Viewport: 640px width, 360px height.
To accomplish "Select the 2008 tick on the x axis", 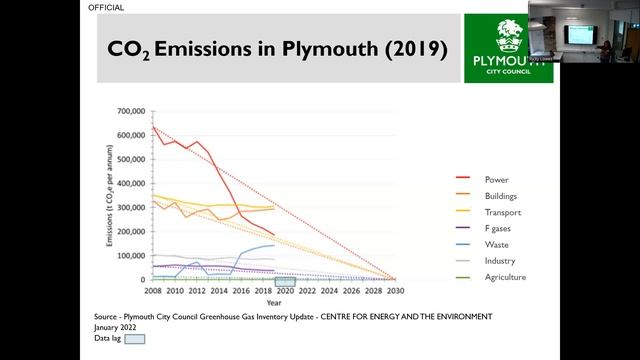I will click(152, 290).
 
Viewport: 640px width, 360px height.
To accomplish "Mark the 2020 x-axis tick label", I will click(284, 290).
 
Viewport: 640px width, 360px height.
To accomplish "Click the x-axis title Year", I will click(274, 301).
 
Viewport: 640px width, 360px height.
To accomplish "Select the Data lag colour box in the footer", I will click(135, 339).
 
